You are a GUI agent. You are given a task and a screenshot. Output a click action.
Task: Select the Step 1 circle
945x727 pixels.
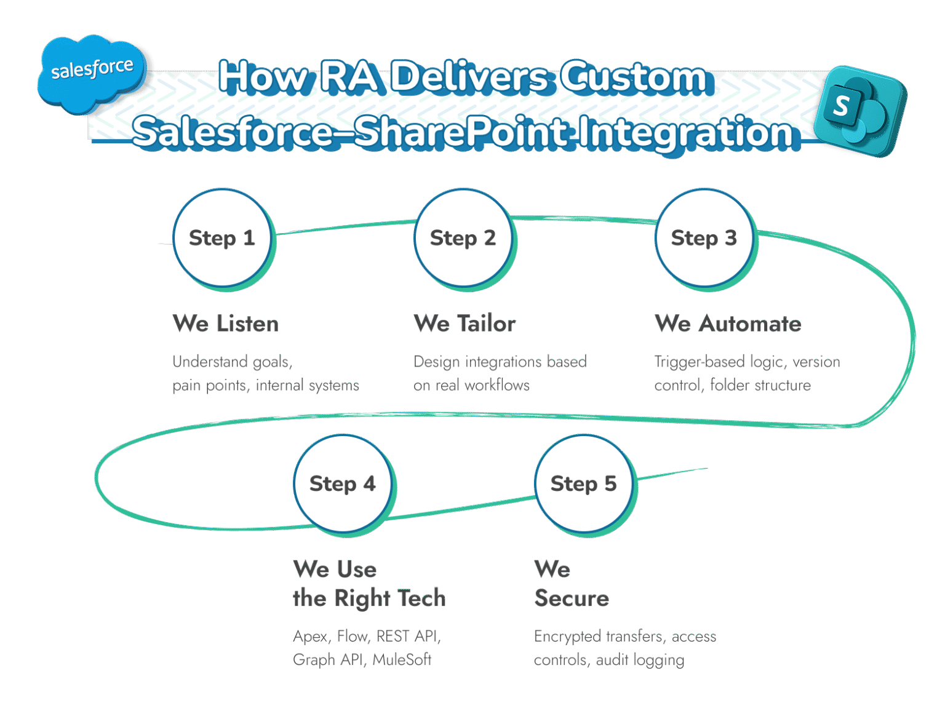(x=222, y=237)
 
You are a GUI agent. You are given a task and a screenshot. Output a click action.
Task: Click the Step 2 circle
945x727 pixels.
(x=463, y=237)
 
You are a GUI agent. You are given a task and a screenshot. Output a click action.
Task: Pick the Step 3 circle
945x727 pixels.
(x=704, y=237)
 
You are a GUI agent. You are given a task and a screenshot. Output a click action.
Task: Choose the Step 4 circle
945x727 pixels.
(x=343, y=483)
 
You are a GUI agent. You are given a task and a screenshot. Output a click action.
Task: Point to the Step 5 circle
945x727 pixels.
(x=584, y=483)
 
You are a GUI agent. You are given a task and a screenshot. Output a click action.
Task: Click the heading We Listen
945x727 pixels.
(x=226, y=324)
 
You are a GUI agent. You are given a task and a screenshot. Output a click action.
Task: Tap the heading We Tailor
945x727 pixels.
(x=465, y=324)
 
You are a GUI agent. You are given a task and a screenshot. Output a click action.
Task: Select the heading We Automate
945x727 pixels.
(x=728, y=324)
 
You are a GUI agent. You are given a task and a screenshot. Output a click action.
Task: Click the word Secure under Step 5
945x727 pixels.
(x=572, y=598)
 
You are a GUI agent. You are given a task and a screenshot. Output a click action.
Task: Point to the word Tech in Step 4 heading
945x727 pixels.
(x=421, y=598)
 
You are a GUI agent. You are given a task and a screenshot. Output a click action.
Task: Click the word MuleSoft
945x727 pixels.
(x=402, y=659)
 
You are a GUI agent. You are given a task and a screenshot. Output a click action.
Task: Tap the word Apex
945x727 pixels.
(x=311, y=636)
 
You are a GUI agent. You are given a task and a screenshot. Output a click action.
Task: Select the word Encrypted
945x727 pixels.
(x=567, y=636)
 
